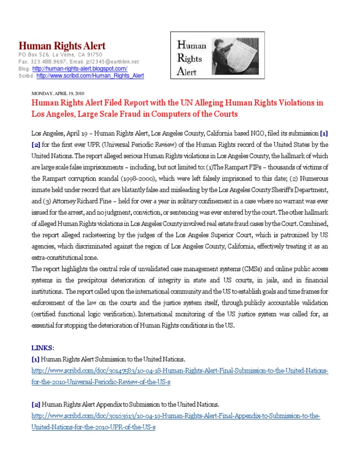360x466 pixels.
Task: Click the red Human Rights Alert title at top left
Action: click(62, 46)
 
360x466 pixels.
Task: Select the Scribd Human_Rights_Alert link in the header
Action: click(90, 75)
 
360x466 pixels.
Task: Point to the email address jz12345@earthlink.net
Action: click(112, 62)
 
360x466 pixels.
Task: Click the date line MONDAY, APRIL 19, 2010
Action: click(56, 93)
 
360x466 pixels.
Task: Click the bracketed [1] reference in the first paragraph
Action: click(324, 134)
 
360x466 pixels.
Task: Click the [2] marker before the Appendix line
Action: click(36, 404)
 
